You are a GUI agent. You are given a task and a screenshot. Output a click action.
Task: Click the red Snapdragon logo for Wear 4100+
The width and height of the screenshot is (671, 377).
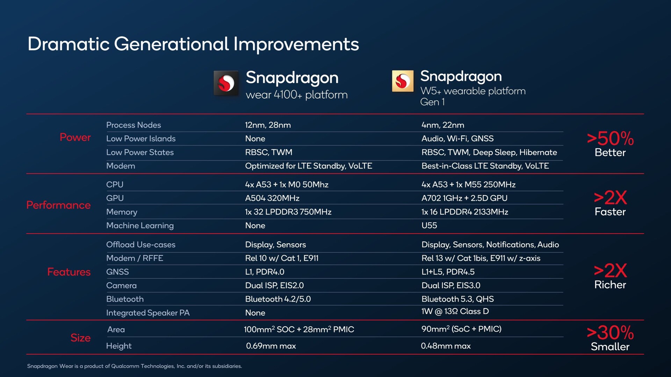pos(226,83)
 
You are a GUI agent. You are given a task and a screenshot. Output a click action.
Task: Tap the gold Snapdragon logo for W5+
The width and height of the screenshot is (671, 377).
pos(402,81)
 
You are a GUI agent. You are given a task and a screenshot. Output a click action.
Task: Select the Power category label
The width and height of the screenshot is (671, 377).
pos(75,138)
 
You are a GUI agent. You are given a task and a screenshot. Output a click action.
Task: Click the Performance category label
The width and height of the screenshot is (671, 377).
pos(58,205)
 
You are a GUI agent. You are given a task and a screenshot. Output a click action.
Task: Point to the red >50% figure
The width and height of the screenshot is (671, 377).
pos(610,139)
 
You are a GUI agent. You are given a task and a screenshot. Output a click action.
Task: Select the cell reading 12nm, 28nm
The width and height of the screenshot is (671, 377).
pos(268,125)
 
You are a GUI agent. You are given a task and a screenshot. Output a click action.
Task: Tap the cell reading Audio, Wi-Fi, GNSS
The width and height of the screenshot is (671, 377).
pos(457,139)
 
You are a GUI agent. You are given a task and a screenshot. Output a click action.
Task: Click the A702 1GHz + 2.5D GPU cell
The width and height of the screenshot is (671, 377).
pos(464,198)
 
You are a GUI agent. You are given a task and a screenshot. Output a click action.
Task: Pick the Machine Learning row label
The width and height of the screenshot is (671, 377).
pos(140,226)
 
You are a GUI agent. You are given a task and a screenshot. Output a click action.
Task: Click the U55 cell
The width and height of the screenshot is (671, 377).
pos(429,226)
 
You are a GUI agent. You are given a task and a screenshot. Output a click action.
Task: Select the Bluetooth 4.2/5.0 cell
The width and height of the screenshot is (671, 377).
pos(278,299)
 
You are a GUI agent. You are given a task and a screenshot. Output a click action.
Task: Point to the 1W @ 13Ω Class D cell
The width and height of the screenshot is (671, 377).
pos(455,311)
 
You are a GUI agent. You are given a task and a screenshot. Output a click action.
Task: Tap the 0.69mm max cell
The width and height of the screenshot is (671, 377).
pos(271,346)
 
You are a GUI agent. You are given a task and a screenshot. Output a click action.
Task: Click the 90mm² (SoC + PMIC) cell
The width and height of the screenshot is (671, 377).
pos(461,329)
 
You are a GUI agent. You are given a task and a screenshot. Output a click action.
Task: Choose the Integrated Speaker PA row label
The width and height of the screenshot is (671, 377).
pos(148,313)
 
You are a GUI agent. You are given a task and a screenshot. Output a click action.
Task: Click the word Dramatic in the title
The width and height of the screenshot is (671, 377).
pos(68,44)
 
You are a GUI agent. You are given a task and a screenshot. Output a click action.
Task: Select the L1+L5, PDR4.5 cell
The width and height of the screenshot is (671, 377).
pos(448,272)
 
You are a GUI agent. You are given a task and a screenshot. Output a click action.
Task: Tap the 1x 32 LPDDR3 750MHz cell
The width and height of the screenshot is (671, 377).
pos(288,212)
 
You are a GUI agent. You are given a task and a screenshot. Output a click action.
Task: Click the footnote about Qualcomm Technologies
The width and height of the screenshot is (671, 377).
pos(135,366)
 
